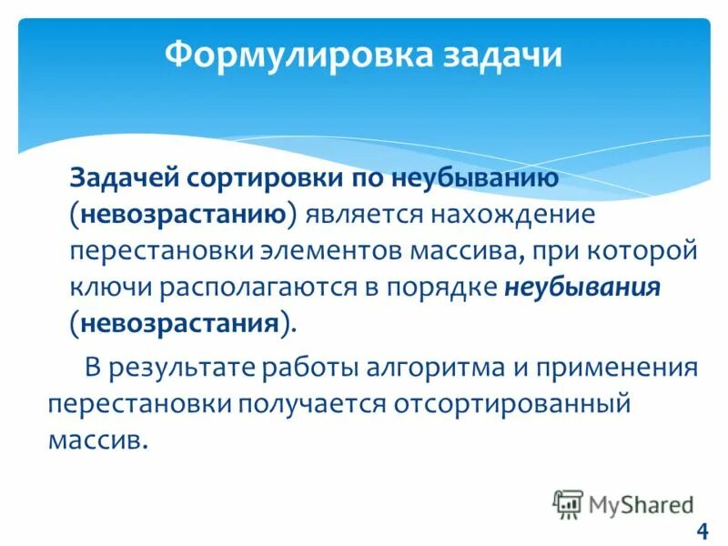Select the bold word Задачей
coord(125,179)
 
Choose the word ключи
coord(111,288)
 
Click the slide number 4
coord(701,531)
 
